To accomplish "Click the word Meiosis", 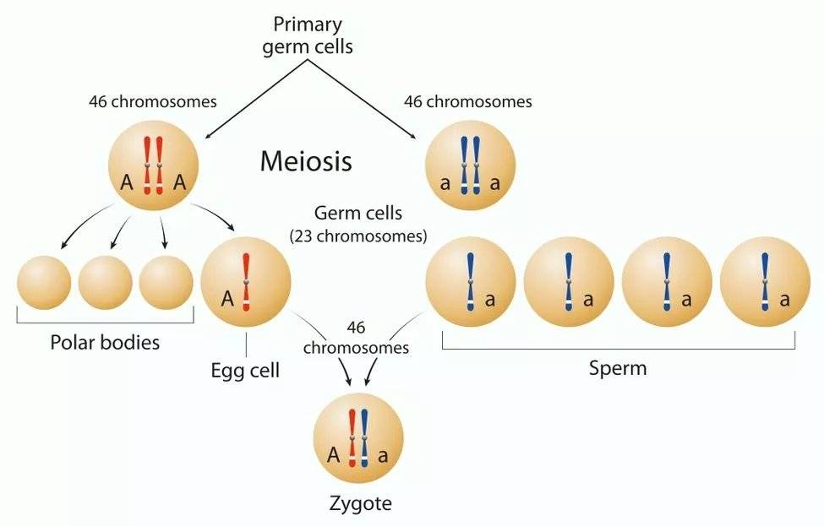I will coord(306,160).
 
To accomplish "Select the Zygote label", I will coord(360,504).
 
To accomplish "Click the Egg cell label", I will coord(246,370).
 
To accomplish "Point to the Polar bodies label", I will coord(105,343).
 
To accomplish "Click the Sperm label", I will coord(618,368).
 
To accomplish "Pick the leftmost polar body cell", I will coord(44,281).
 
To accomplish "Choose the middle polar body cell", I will coord(105,281).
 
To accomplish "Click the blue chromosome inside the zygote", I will coord(364,437).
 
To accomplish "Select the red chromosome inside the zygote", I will coord(352,437).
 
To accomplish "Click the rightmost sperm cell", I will coord(765,281).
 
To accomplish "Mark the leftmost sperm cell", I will coord(470,281).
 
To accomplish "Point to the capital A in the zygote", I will coord(335,456).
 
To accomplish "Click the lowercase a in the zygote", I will coord(383,457).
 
